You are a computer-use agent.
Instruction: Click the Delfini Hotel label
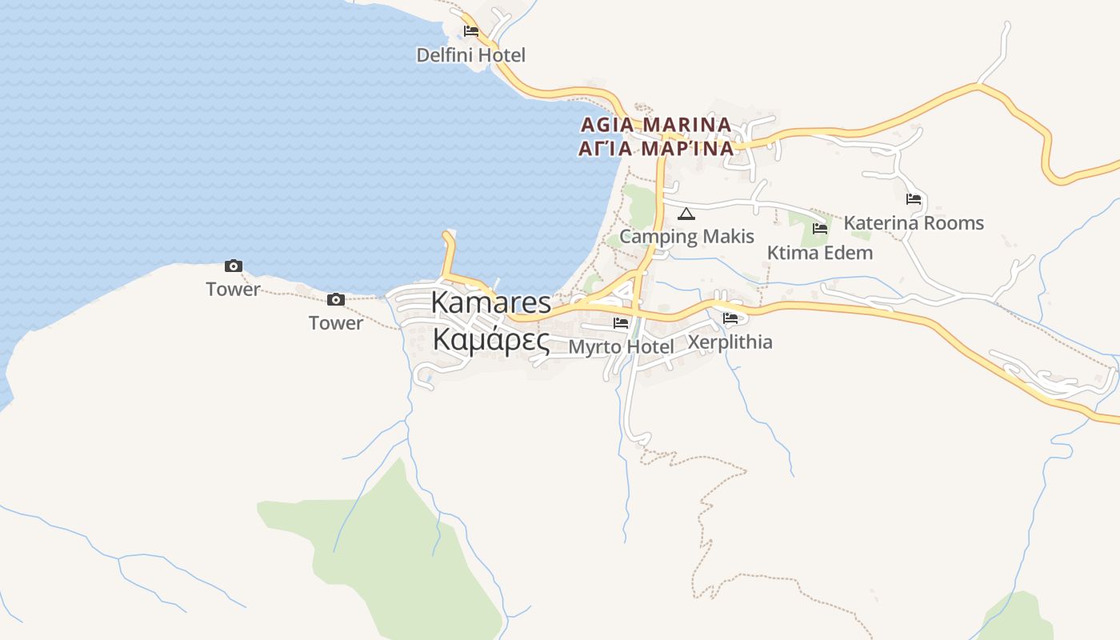click(x=470, y=55)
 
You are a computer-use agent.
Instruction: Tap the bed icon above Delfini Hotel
click(x=471, y=31)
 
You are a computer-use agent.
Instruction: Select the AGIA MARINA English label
click(x=656, y=125)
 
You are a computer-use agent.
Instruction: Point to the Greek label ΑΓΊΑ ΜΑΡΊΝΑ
click(x=656, y=148)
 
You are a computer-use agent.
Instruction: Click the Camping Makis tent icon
click(x=686, y=214)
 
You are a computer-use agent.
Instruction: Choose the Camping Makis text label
click(x=686, y=236)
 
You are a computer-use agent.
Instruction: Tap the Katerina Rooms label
click(x=914, y=222)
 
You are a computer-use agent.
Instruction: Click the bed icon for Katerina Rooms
click(x=914, y=199)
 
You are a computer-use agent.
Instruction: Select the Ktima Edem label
click(x=819, y=253)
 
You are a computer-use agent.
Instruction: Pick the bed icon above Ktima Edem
click(x=820, y=229)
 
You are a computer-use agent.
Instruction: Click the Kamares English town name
click(x=491, y=302)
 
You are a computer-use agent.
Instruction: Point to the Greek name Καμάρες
click(x=491, y=340)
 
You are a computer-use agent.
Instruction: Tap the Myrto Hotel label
click(x=621, y=346)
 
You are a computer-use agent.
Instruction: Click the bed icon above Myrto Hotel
click(x=621, y=323)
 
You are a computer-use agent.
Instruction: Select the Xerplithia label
click(x=730, y=342)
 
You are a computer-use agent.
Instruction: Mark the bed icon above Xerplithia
click(x=730, y=318)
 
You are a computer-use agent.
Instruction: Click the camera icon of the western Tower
click(x=234, y=266)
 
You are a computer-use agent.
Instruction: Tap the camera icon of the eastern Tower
click(x=336, y=300)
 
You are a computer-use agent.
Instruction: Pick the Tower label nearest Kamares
click(x=336, y=323)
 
